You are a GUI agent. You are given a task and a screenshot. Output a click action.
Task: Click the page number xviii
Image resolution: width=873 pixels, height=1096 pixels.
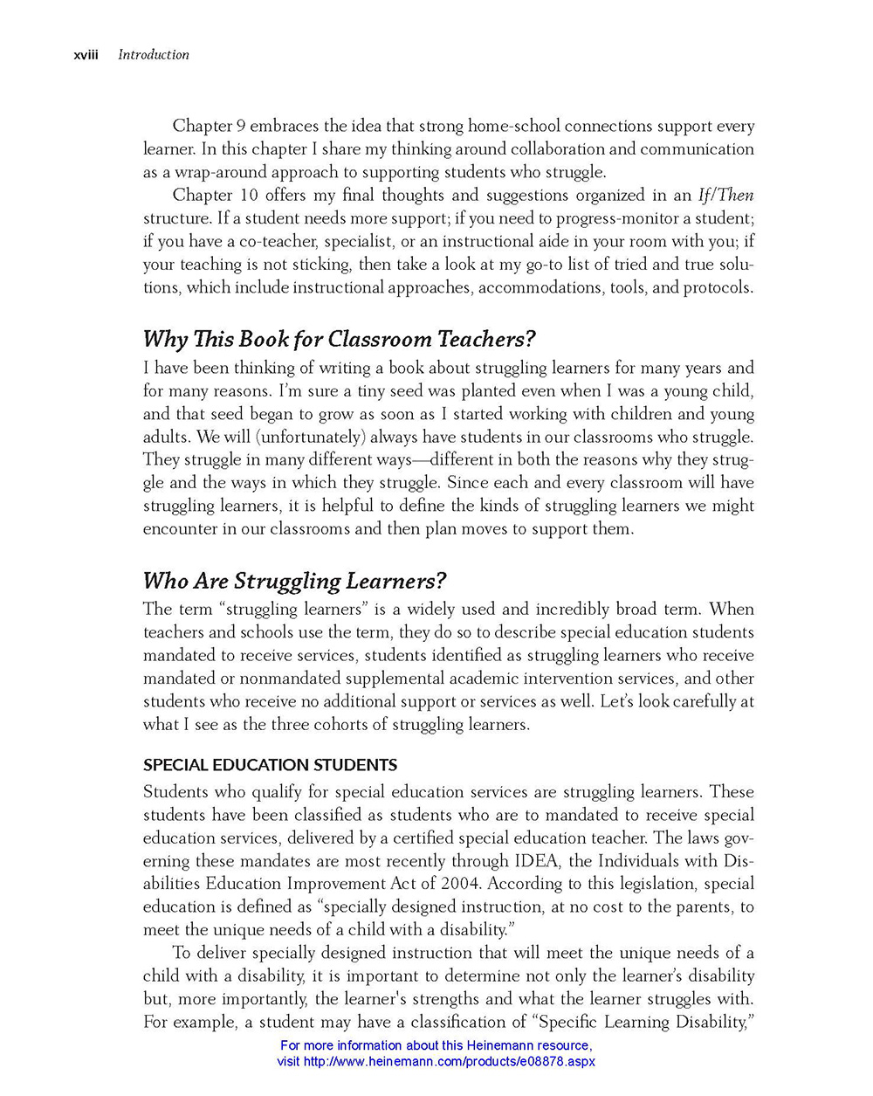tap(86, 55)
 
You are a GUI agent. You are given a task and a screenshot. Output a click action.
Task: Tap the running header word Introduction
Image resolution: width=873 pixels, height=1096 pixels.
tap(154, 55)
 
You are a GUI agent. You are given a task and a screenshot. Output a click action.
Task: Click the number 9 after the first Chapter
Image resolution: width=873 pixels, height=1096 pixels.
tap(241, 127)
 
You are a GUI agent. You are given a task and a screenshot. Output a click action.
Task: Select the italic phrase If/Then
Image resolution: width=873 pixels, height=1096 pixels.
tap(725, 196)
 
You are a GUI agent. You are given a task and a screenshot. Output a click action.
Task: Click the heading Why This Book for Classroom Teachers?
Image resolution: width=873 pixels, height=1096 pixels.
tap(339, 339)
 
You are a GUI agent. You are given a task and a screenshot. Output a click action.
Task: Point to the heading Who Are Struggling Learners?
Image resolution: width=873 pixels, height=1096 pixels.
tap(295, 581)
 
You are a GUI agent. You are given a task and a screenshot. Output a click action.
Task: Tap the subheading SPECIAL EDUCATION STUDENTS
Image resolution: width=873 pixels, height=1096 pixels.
tap(270, 765)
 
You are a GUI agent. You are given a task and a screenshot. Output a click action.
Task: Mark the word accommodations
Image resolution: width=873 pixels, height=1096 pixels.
tap(540, 288)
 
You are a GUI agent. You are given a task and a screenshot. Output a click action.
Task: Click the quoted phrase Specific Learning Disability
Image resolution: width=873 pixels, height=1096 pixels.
tap(642, 1022)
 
